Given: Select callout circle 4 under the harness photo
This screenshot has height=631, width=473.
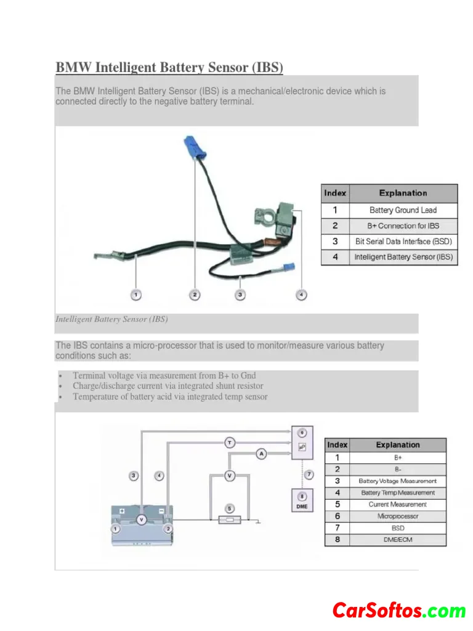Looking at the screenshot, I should click(301, 295).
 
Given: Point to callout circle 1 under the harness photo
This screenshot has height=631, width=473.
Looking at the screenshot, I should click(135, 295).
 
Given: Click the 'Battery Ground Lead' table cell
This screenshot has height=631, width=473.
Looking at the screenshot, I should click(403, 210).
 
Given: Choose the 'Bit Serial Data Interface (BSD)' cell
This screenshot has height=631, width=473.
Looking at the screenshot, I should click(403, 242).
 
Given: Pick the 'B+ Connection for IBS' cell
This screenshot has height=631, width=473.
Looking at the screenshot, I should click(403, 226).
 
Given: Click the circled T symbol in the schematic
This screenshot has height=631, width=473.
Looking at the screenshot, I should click(230, 442).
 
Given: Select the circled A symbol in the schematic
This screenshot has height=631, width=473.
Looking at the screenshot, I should click(261, 454).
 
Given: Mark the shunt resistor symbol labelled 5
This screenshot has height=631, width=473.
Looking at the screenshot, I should click(229, 519).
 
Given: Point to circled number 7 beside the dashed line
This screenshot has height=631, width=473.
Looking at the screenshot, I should click(309, 474).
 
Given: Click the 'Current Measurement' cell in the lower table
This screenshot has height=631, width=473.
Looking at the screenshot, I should click(397, 505).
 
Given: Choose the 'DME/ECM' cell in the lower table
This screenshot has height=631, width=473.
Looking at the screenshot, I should click(397, 539).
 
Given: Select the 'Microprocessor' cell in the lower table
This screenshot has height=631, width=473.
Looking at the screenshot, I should click(397, 516).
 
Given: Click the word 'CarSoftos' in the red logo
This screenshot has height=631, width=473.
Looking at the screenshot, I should click(377, 611).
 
